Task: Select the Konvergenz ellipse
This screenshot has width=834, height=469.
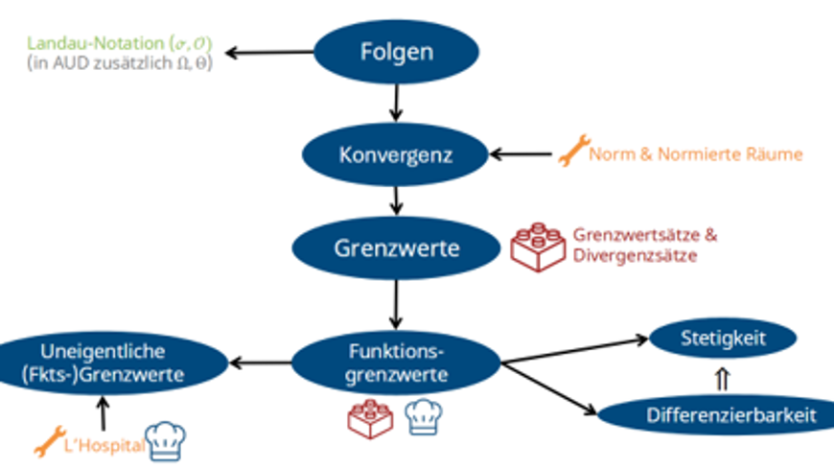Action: coord(396,153)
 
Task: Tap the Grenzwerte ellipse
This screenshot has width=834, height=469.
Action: coord(397,247)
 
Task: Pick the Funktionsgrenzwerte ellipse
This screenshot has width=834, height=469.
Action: coord(396,362)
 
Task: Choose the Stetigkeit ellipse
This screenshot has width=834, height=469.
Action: coord(723,337)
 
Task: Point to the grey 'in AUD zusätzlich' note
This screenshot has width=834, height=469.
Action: coord(120,63)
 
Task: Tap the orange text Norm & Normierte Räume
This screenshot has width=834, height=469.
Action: coord(696,153)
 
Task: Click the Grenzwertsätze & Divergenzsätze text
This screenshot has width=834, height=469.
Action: coord(644,246)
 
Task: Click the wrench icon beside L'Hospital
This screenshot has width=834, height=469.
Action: coord(47,442)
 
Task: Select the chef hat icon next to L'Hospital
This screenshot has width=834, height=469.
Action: coord(165,440)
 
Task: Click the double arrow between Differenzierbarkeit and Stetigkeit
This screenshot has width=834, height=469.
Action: coord(723,378)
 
